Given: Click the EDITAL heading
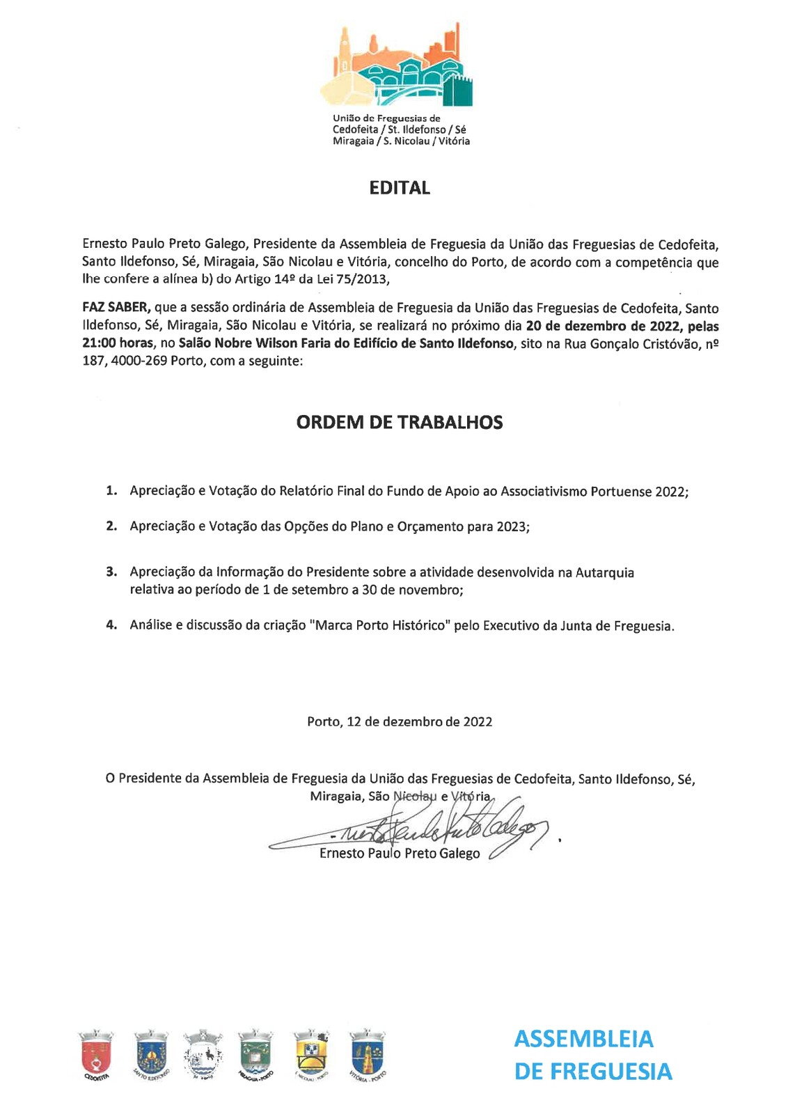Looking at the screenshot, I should click(x=400, y=188).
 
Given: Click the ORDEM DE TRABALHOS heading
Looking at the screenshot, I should click(x=400, y=423).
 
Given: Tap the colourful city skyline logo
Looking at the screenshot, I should click(x=397, y=66).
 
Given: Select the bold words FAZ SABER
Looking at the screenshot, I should click(x=116, y=308).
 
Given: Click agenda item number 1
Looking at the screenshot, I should click(x=111, y=491).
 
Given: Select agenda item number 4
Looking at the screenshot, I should click(x=111, y=625).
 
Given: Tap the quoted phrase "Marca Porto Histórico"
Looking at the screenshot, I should click(x=382, y=625).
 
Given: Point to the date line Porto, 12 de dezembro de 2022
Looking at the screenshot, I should click(x=400, y=722).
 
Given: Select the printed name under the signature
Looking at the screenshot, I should click(x=400, y=854).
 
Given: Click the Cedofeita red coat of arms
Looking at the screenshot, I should click(x=96, y=1053).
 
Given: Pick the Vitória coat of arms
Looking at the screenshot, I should click(x=368, y=1053).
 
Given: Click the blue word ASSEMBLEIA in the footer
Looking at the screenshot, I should click(x=583, y=1039).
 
